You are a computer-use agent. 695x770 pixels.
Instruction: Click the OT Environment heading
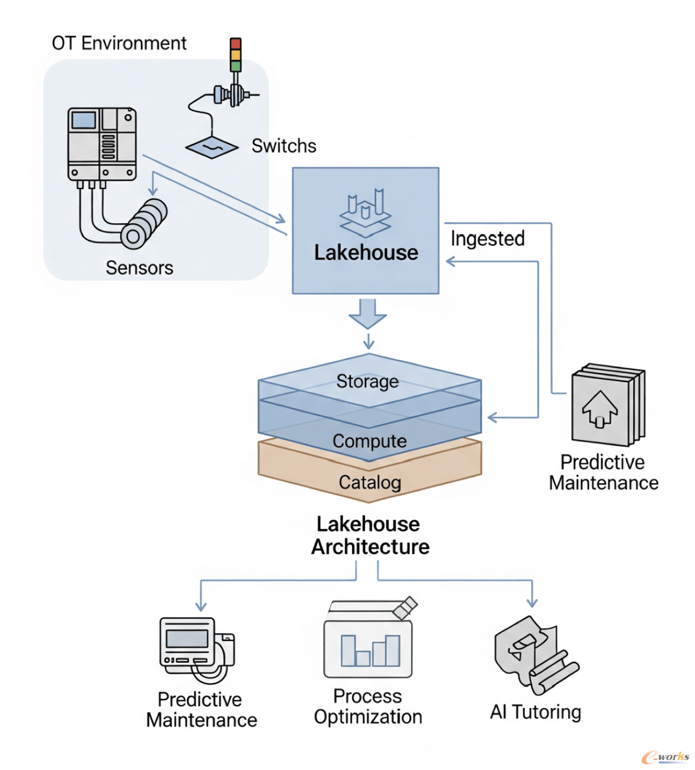pyautogui.click(x=119, y=43)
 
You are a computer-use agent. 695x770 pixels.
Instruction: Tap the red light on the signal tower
pyautogui.click(x=236, y=43)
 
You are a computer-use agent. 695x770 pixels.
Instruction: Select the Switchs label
pyautogui.click(x=283, y=146)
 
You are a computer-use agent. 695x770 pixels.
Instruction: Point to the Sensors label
pyautogui.click(x=139, y=268)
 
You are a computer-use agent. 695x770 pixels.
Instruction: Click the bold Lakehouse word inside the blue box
pyautogui.click(x=366, y=253)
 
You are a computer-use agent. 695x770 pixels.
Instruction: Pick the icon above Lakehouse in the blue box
pyautogui.click(x=365, y=212)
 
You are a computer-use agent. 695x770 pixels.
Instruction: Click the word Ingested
pyautogui.click(x=488, y=239)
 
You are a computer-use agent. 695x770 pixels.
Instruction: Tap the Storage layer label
pyautogui.click(x=367, y=382)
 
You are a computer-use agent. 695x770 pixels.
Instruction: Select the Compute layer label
pyautogui.click(x=369, y=441)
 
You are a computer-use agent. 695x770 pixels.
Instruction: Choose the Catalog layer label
pyautogui.click(x=370, y=482)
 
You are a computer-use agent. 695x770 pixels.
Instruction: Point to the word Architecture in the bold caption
pyautogui.click(x=371, y=547)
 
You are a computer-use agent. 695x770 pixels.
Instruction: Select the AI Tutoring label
pyautogui.click(x=535, y=712)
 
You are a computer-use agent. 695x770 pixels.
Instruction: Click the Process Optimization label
pyautogui.click(x=368, y=706)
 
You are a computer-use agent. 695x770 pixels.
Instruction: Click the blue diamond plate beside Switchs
pyautogui.click(x=212, y=147)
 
